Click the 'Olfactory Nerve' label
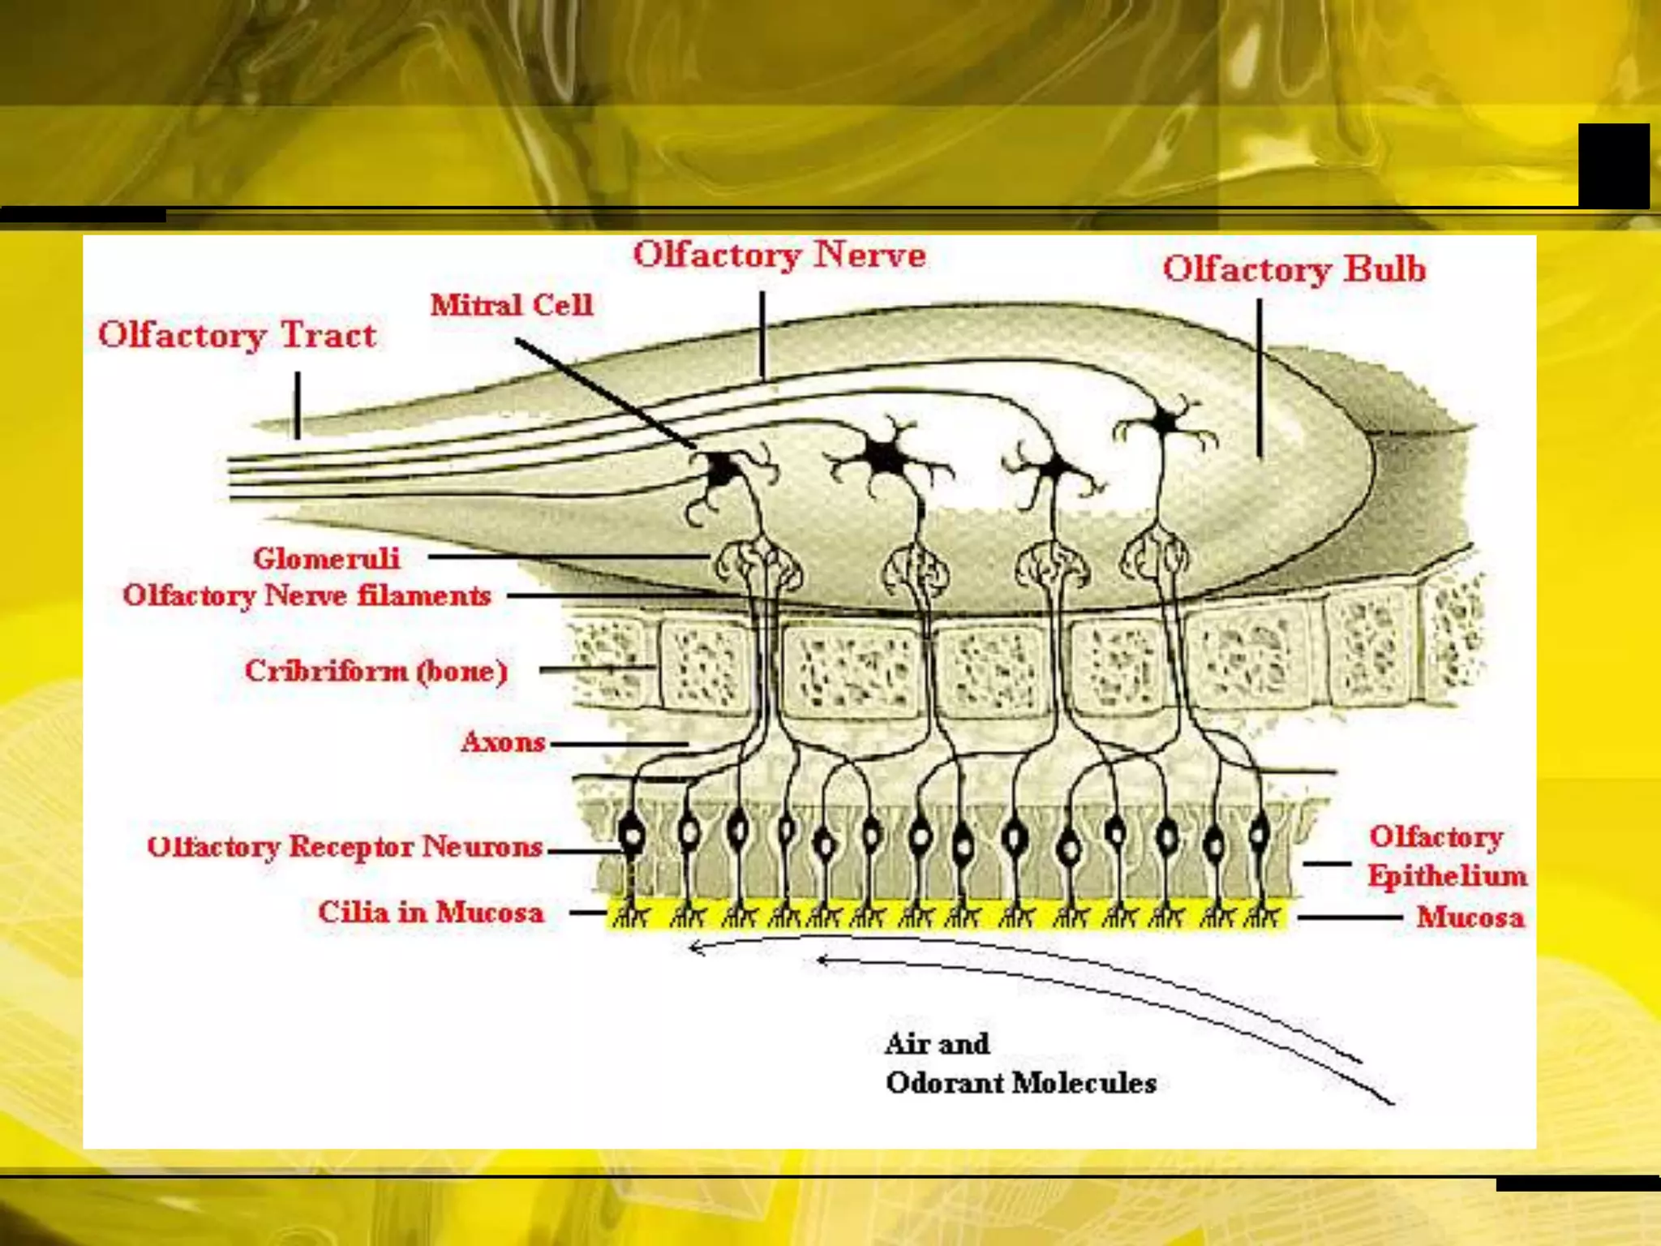779,255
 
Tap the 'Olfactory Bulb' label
1294,269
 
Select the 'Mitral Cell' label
511,305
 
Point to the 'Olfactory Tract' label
237,335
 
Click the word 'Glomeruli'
326,558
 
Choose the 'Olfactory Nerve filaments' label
307,595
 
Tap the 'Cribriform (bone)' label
376,671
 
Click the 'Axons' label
503,741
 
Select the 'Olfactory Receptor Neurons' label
345,846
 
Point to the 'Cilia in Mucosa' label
430,912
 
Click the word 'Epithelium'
1447,875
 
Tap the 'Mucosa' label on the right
1470,917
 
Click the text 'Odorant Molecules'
1020,1083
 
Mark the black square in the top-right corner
1613,165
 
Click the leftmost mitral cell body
721,470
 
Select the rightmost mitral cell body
1165,422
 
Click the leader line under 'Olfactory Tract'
298,406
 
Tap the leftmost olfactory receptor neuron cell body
632,832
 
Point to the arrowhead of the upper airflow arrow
694,947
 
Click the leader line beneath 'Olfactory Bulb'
1260,377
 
